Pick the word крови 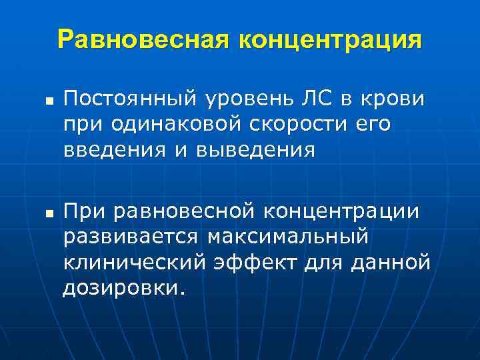pyautogui.click(x=392, y=100)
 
